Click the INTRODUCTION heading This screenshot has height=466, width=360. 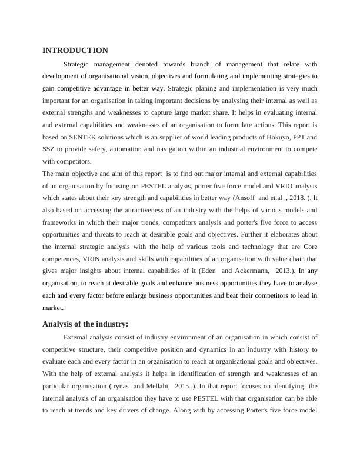point(75,51)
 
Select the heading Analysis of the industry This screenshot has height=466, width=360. point(85,324)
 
